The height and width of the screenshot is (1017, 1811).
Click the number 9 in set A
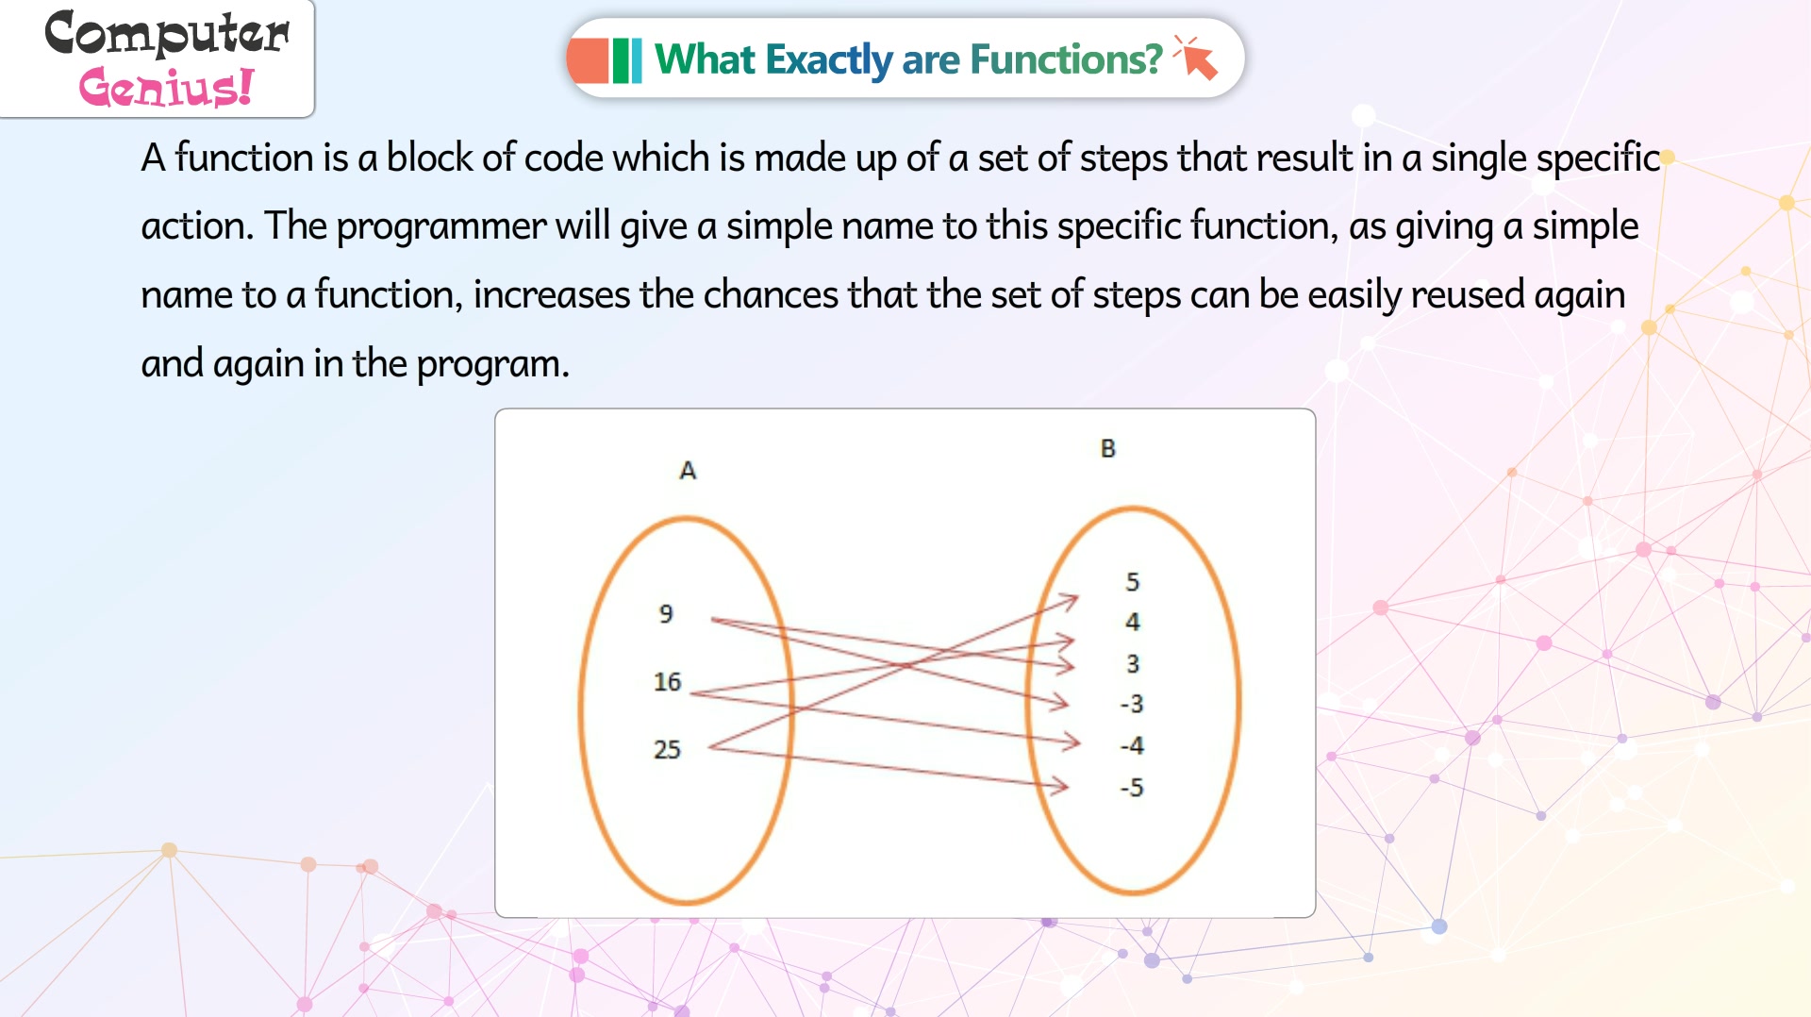[666, 613]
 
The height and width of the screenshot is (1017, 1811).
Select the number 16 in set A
[667, 681]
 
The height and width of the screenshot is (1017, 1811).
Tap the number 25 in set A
[667, 749]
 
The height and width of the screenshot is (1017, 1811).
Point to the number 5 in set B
[1133, 581]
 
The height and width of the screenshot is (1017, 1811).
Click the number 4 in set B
[1133, 622]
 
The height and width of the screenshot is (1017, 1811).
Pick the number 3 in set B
[1133, 663]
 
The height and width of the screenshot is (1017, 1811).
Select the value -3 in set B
[1132, 704]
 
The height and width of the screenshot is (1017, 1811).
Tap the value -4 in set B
[1132, 745]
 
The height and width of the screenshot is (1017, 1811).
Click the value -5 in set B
[1132, 787]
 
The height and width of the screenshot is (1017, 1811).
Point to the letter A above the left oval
[688, 470]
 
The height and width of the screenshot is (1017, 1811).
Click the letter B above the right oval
[1108, 448]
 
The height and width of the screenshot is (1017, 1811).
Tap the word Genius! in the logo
[166, 88]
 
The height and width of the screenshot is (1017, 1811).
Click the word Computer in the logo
[167, 33]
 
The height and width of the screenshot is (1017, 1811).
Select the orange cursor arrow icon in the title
[1197, 58]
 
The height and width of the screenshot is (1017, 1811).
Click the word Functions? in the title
[1066, 59]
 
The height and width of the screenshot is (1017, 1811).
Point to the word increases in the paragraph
[552, 294]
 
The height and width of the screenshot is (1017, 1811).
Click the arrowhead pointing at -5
[1059, 785]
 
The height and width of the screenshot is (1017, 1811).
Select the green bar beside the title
[626, 60]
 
